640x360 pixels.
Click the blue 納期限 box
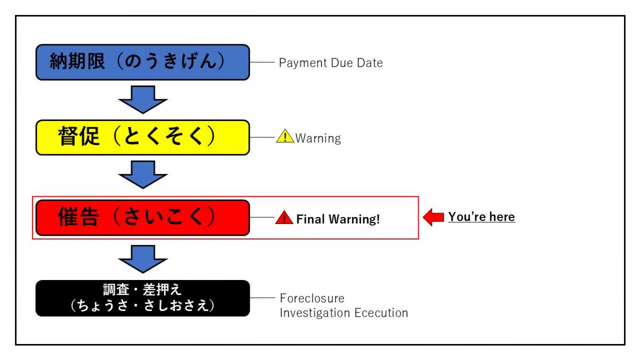pos(142,62)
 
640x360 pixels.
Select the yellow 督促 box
pos(142,138)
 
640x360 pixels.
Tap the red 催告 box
pos(142,218)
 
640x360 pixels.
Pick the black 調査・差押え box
pos(142,298)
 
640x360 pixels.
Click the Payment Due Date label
pos(331,63)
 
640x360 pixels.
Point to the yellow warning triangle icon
pos(285,137)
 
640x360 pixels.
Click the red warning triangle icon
pos(284,218)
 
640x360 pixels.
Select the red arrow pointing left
pos(433,217)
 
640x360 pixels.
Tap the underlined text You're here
pos(481,217)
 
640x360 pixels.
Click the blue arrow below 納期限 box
pos(142,99)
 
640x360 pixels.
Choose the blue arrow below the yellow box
pos(142,174)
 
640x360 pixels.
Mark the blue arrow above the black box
pos(142,259)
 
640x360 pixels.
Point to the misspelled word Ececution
pos(381,313)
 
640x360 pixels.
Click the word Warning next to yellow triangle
pos(318,138)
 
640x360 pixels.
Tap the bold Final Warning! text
pos(338,219)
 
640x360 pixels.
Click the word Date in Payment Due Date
pos(370,63)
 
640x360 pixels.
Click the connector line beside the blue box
pos(261,62)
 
